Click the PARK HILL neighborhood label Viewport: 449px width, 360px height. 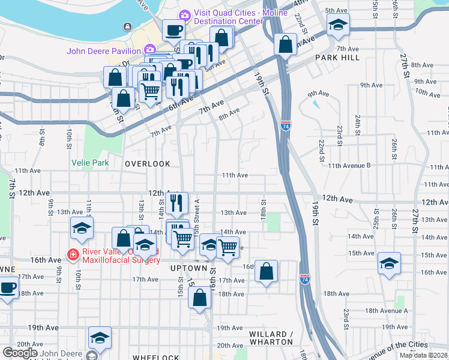[337, 57]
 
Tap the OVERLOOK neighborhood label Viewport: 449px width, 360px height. [148, 163]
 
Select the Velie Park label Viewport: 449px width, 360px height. [91, 162]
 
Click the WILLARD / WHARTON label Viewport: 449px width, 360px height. [271, 338]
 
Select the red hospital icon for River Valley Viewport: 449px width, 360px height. [73, 254]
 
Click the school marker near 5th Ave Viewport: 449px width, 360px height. [338, 25]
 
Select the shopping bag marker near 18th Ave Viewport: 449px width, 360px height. [199, 297]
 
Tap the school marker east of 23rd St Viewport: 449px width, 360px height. [389, 263]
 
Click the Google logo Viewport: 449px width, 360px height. [20, 352]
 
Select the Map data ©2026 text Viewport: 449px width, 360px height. [423, 355]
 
